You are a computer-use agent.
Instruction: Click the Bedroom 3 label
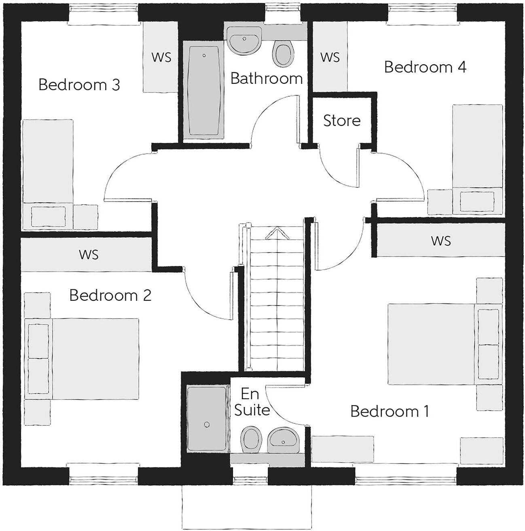click(x=79, y=85)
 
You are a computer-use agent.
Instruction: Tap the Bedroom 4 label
click(x=425, y=67)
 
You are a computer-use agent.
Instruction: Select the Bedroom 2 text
click(x=110, y=295)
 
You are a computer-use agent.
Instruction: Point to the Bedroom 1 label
click(x=390, y=411)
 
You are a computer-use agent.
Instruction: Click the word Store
click(x=342, y=121)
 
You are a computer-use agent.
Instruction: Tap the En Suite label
click(x=252, y=402)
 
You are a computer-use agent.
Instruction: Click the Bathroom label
click(x=267, y=78)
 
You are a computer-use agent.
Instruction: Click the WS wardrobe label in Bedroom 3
click(x=161, y=57)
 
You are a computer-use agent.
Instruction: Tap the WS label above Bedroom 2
click(x=89, y=255)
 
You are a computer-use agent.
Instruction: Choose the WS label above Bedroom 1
click(x=440, y=241)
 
